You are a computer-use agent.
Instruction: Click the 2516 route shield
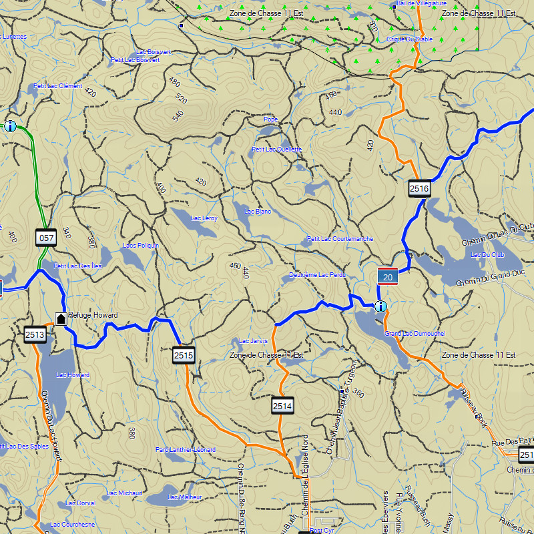coord(419,189)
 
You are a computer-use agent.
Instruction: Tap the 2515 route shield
coord(184,355)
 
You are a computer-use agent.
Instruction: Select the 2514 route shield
coord(282,405)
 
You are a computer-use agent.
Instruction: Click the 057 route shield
coord(46,237)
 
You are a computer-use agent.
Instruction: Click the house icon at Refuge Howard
coord(61,318)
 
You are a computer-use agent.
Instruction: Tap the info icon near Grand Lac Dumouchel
coord(380,307)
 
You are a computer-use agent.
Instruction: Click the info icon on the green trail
coord(10,125)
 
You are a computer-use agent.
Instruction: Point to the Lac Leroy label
coord(204,218)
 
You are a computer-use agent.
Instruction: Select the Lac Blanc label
coord(258,212)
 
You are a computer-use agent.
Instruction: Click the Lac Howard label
coord(73,375)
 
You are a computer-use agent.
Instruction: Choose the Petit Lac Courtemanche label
coord(340,239)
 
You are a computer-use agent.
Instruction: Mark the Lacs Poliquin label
coord(141,246)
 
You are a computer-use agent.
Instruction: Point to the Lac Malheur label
coord(184,497)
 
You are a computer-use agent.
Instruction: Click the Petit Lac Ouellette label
coord(277,149)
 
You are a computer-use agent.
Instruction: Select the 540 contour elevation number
coord(178,115)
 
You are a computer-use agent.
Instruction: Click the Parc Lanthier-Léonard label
coord(186,450)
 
